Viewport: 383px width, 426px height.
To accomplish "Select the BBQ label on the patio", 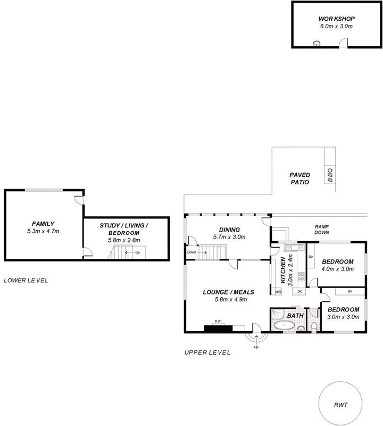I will point(330,174).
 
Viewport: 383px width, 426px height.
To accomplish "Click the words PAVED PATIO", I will point(299,178).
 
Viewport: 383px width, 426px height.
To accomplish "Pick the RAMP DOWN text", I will point(321,229).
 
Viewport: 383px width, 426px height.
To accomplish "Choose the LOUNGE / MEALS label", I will point(228,292).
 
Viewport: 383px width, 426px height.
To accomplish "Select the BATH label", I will point(295,316).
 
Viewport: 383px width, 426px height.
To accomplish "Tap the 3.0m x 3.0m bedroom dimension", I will point(343,317).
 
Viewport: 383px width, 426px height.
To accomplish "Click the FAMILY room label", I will point(43,224).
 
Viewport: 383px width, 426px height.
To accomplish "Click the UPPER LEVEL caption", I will point(207,353).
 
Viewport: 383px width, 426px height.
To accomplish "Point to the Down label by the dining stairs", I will point(191,252).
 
